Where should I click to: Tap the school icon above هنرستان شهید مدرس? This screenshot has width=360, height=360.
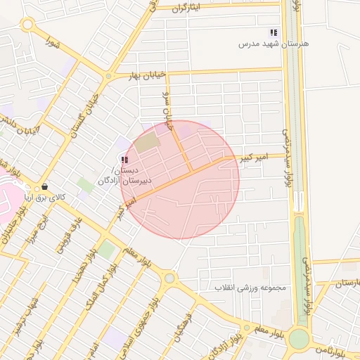(274, 32)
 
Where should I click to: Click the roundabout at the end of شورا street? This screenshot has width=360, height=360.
(27, 25)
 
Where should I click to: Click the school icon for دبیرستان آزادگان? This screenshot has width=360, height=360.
(124, 160)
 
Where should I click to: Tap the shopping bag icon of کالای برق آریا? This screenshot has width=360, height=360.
(45, 187)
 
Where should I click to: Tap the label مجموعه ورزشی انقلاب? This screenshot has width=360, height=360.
(252, 288)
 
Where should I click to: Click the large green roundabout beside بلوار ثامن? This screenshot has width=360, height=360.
(299, 339)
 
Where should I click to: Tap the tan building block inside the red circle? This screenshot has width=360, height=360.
(148, 143)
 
